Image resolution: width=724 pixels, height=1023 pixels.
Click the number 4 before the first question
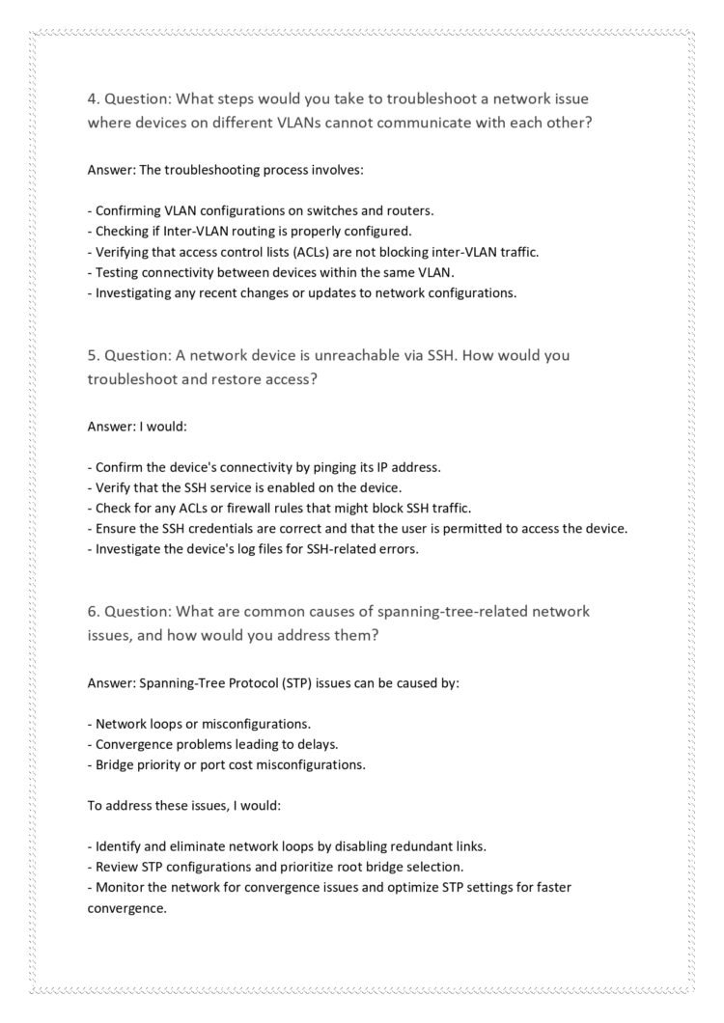tap(92, 98)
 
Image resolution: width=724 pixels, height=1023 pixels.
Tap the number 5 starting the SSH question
tap(92, 355)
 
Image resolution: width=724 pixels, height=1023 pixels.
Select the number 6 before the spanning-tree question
tap(92, 612)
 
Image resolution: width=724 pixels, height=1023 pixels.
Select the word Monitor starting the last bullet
tap(121, 887)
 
